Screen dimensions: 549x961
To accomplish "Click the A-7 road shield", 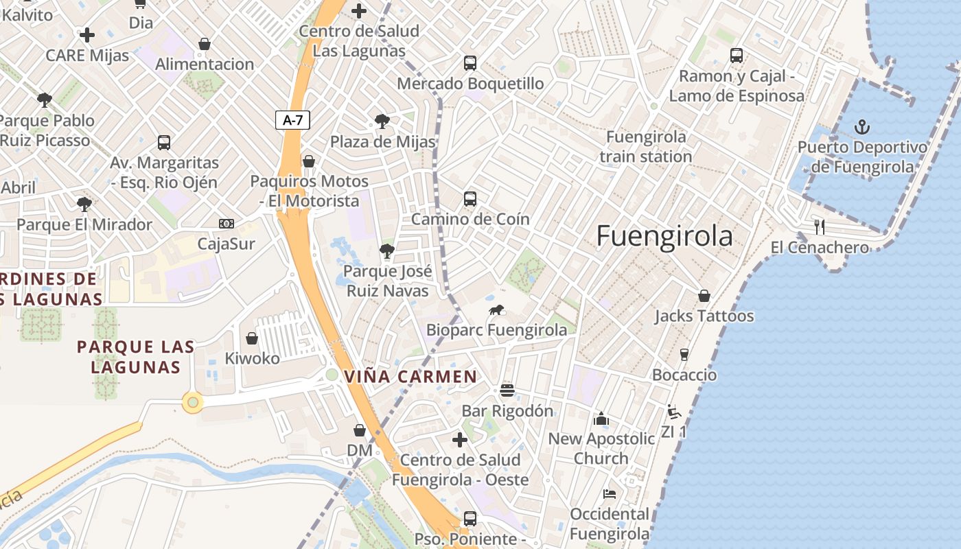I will [x=293, y=120].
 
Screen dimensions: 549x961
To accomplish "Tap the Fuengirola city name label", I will [x=664, y=236].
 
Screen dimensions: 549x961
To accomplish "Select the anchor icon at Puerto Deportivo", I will [x=861, y=127].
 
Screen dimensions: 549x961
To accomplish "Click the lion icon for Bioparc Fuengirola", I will [x=496, y=310].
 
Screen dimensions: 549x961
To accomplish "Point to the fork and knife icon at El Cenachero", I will [x=819, y=227].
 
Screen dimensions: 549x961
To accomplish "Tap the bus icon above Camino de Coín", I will [x=470, y=199].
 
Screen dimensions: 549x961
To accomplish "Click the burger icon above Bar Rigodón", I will [x=507, y=390].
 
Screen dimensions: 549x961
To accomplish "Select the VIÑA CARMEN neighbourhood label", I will [x=410, y=377].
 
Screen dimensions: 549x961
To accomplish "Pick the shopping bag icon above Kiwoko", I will [x=252, y=338].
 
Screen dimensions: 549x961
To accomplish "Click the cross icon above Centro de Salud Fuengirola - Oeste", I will [x=460, y=439].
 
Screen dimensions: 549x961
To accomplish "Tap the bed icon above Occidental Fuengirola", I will [x=609, y=493].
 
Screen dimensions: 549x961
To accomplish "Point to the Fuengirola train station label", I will [x=646, y=147].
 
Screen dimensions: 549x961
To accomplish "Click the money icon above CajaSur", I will [x=227, y=224].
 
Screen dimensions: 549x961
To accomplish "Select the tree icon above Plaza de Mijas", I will [x=382, y=122].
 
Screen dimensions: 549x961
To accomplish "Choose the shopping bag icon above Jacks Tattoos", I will [x=704, y=296].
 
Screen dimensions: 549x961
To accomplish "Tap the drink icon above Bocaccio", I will [x=684, y=355].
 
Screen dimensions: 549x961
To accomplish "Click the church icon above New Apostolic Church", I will [x=601, y=418].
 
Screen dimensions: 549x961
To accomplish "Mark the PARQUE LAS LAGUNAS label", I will [x=135, y=357].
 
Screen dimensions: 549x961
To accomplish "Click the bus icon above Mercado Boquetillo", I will [x=470, y=63].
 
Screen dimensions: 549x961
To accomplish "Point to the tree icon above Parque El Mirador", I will [x=84, y=204].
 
